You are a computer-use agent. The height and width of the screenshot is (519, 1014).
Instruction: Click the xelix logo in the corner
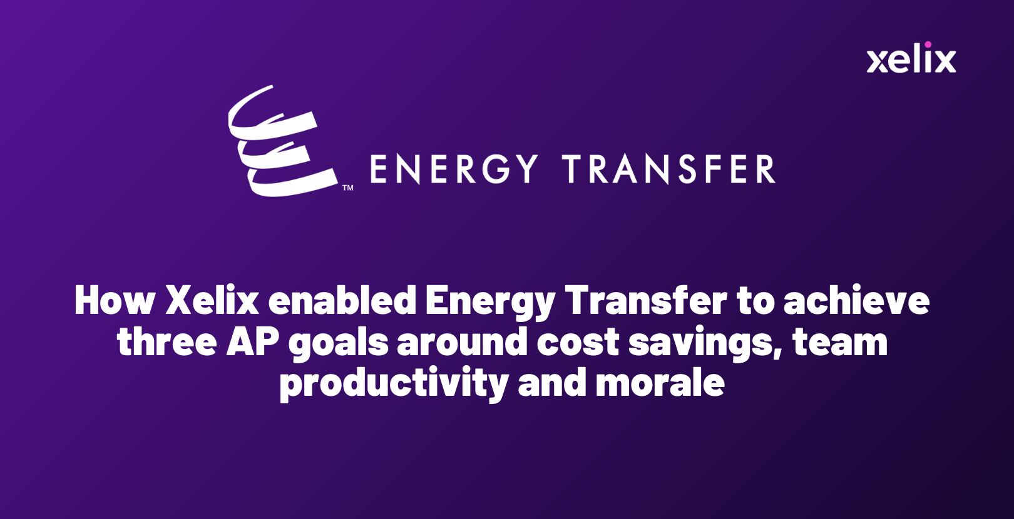pyautogui.click(x=911, y=59)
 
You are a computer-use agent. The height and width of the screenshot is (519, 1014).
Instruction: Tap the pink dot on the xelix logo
pyautogui.click(x=928, y=44)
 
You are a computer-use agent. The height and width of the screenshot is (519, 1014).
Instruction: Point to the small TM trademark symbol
pyautogui.click(x=347, y=188)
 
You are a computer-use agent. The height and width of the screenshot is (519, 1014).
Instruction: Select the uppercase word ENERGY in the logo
pyautogui.click(x=454, y=169)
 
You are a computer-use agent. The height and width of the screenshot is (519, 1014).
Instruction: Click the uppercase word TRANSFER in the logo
pyautogui.click(x=668, y=169)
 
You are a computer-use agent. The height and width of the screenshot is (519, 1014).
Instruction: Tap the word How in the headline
pyautogui.click(x=114, y=301)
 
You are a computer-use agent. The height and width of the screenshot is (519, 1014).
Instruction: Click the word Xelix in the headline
pyautogui.click(x=212, y=301)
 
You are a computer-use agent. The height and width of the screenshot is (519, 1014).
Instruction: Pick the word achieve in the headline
pyautogui.click(x=856, y=301)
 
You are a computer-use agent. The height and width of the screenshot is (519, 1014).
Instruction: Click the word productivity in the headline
pyautogui.click(x=393, y=383)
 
